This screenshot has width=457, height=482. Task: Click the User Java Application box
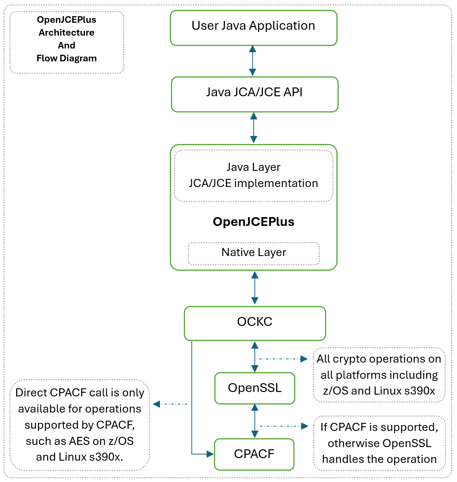(253, 28)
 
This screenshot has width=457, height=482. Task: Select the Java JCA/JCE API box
(254, 94)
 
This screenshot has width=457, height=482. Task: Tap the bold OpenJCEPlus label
(254, 222)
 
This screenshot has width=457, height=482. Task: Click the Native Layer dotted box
(254, 253)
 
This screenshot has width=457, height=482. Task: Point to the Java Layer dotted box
(253, 175)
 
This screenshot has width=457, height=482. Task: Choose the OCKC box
(255, 323)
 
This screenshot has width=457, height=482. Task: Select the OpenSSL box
(255, 388)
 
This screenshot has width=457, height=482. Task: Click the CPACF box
(254, 454)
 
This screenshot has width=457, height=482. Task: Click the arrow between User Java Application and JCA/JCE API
(253, 61)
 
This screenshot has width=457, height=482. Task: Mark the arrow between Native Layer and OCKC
(254, 288)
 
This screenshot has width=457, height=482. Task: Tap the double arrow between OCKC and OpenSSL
(254, 357)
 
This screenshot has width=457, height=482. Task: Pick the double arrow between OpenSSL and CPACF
(254, 421)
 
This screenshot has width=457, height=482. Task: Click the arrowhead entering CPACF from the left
(210, 454)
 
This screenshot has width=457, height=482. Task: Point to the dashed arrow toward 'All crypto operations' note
(283, 359)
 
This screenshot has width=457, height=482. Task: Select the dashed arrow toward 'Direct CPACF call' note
(170, 404)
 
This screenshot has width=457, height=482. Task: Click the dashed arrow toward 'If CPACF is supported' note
(284, 426)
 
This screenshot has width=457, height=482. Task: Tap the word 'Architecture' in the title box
(67, 33)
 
